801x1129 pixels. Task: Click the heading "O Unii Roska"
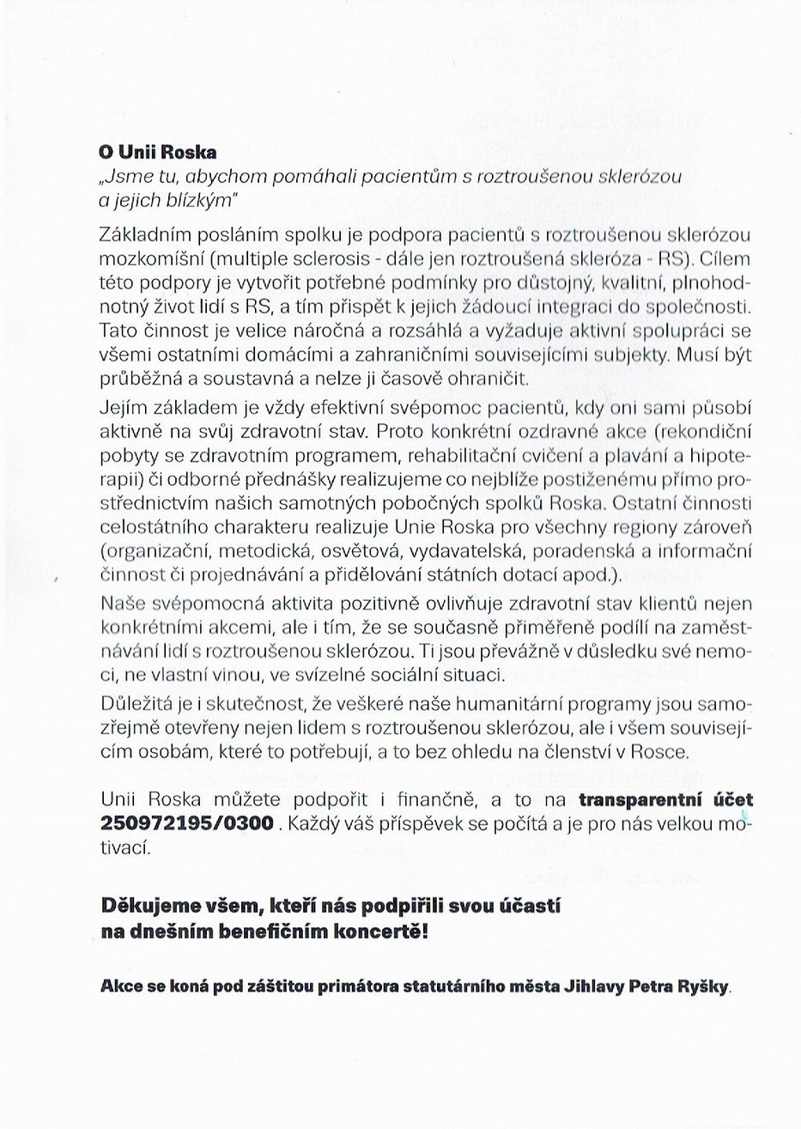pos(158,153)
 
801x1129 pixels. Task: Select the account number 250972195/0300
pos(188,822)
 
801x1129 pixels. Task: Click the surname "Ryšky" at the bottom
pos(702,987)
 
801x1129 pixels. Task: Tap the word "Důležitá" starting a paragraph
pos(136,705)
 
